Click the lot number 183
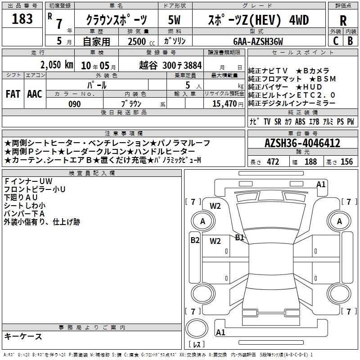coord(22,18)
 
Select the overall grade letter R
coord(343,21)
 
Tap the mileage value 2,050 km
coord(57,65)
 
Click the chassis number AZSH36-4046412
coord(302,143)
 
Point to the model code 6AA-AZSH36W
coord(258,41)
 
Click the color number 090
coord(75,104)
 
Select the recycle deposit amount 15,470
coord(224,103)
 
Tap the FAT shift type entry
coord(13,94)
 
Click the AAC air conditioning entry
coord(35,94)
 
